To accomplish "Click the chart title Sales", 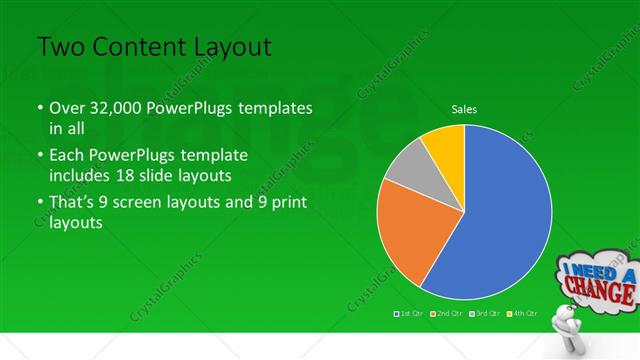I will [x=464, y=108].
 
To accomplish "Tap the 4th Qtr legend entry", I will [x=521, y=314].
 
